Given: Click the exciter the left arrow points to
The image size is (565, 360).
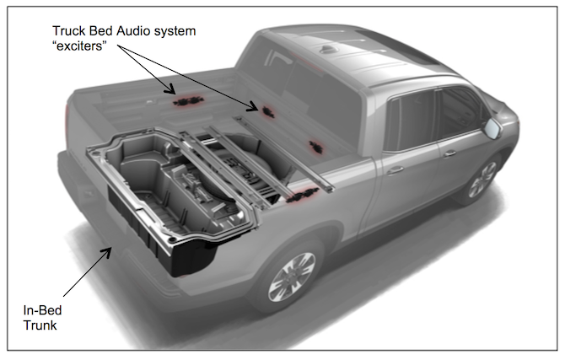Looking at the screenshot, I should click(186, 100).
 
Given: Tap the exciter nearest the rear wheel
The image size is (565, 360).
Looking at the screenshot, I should click(297, 199).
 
